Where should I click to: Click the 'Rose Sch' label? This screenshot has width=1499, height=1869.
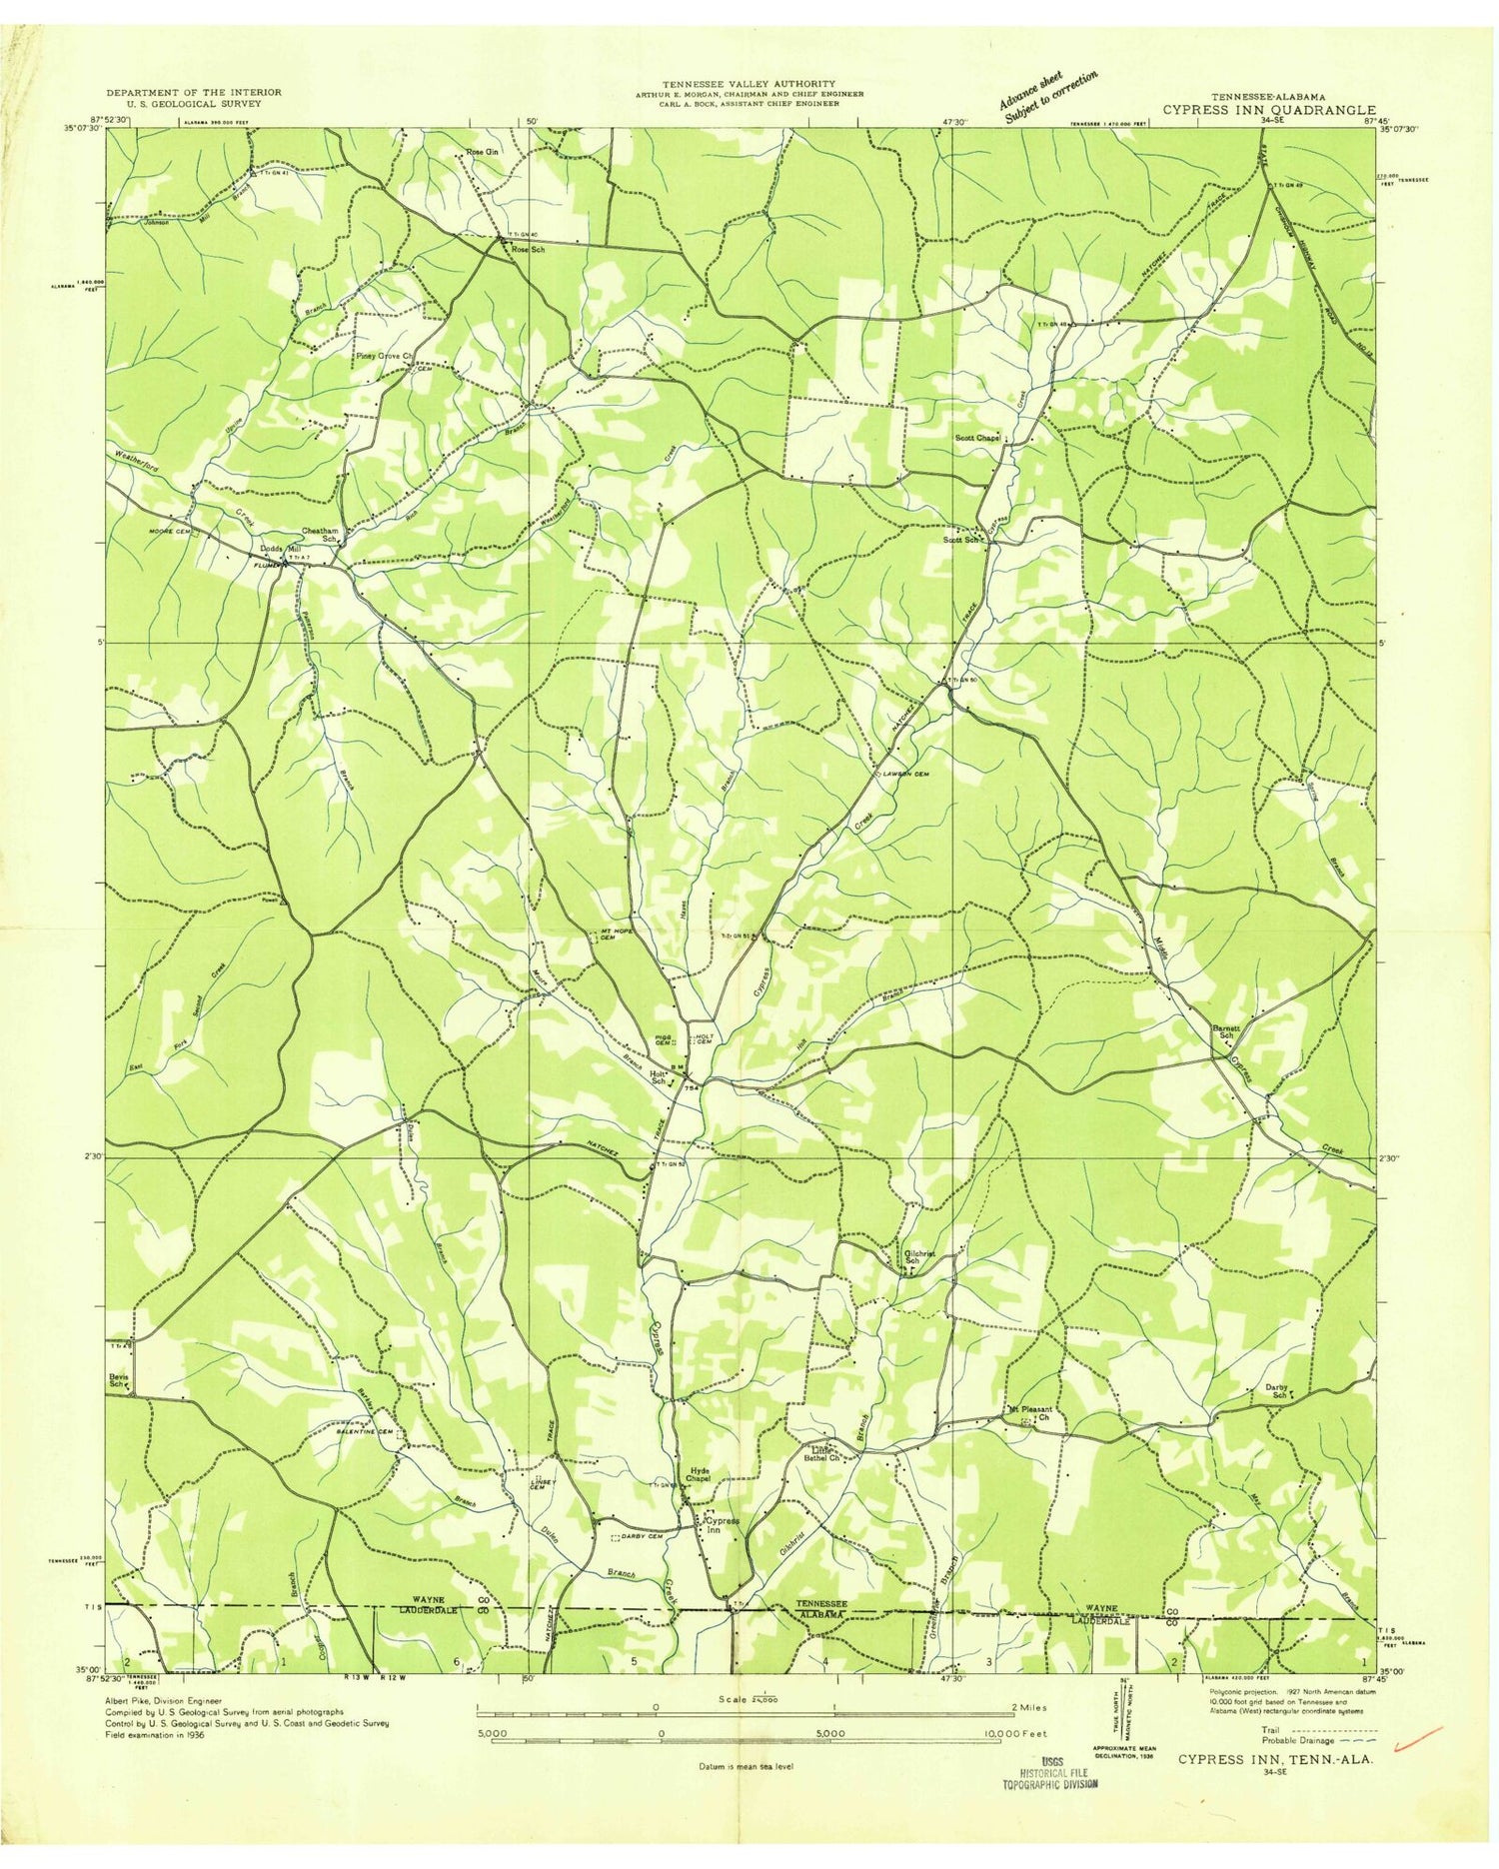(x=526, y=249)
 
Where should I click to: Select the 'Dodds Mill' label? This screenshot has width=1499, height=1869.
(x=279, y=549)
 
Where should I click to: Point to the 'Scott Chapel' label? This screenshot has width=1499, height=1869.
(x=977, y=438)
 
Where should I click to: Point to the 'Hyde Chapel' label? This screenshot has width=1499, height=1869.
(x=700, y=1473)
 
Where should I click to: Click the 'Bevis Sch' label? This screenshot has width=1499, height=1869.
(x=120, y=1380)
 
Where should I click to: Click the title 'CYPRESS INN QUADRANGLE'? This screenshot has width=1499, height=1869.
(x=1268, y=110)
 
